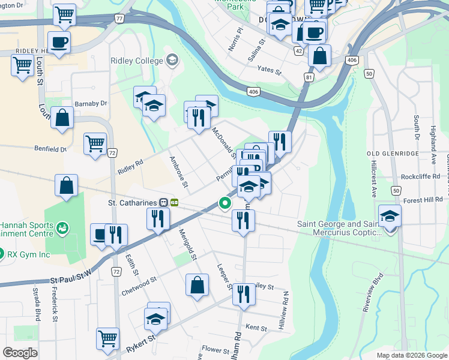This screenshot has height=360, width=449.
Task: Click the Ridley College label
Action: pyautogui.click(x=137, y=61)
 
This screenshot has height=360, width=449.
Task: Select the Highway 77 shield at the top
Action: pyautogui.click(x=119, y=19)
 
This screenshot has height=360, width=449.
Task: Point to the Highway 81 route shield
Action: pyautogui.click(x=309, y=77)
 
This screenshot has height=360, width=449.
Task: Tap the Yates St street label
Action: pyautogui.click(x=269, y=70)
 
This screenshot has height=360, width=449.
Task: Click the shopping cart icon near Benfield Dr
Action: pyautogui.click(x=95, y=143)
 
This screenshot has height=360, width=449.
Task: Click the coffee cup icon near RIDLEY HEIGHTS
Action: pyautogui.click(x=59, y=42)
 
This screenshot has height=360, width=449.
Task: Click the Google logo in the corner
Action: pyautogui.click(x=20, y=352)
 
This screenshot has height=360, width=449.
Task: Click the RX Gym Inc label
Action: pyautogui.click(x=28, y=254)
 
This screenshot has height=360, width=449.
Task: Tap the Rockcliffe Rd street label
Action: pyautogui.click(x=421, y=176)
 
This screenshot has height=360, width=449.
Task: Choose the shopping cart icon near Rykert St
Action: pyautogui.click(x=107, y=337)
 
